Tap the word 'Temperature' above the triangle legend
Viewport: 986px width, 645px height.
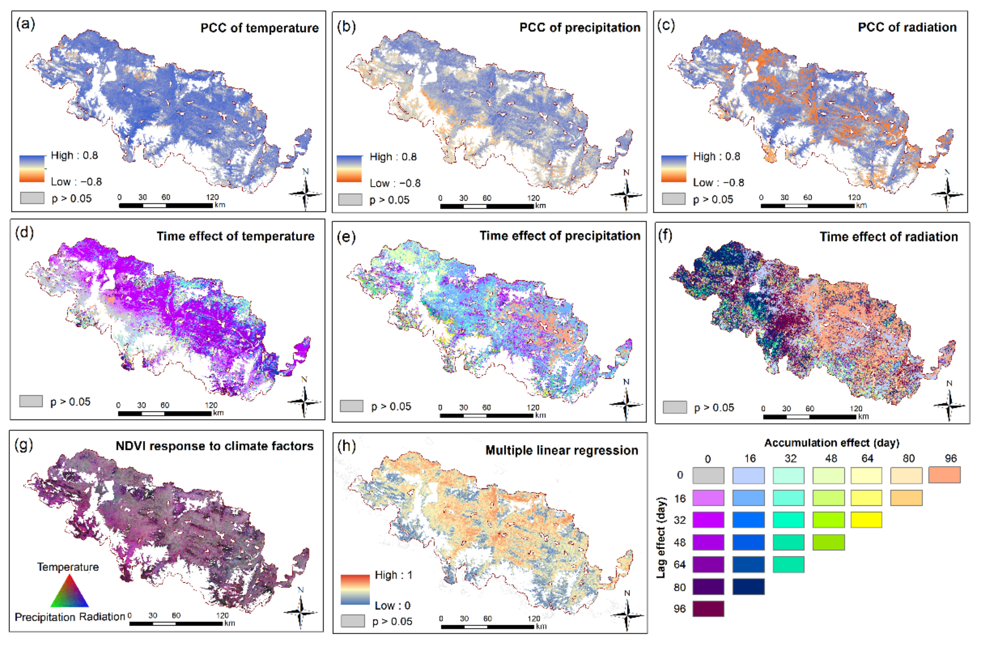[68, 567]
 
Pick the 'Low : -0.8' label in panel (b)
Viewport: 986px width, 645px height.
[395, 183]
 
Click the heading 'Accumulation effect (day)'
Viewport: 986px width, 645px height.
[832, 443]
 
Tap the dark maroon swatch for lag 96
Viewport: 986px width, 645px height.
[708, 609]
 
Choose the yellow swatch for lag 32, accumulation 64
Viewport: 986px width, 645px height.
[866, 520]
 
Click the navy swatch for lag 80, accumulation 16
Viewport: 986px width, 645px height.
[748, 587]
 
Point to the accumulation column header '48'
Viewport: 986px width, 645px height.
[831, 459]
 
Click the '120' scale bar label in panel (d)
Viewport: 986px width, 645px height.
[211, 405]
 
